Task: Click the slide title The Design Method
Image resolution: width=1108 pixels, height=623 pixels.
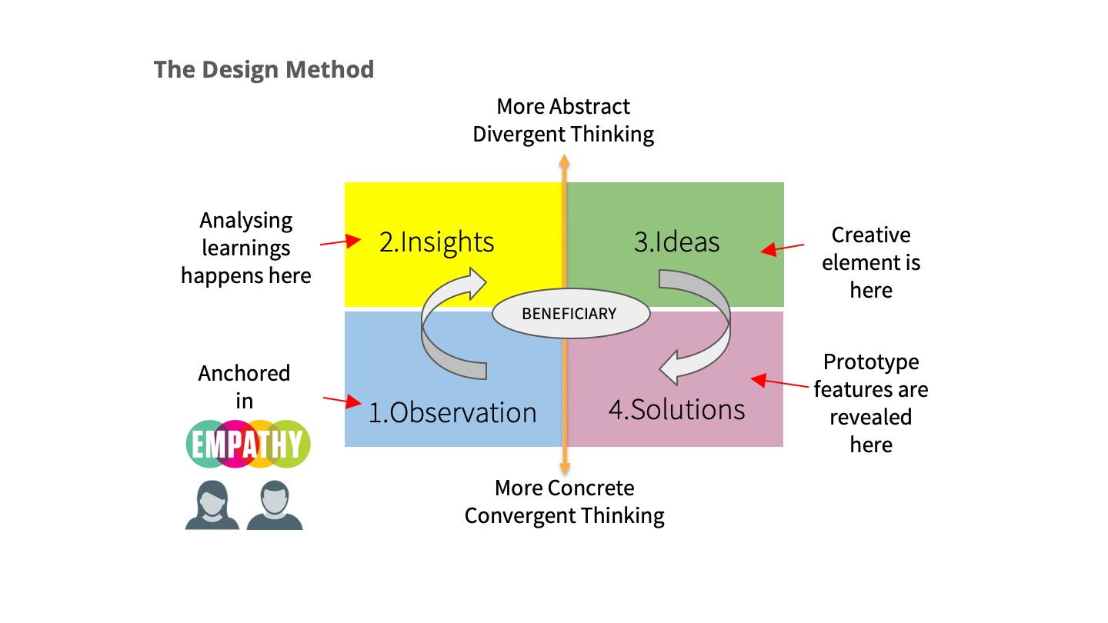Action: click(264, 70)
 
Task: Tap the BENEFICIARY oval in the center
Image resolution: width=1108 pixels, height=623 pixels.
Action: click(571, 314)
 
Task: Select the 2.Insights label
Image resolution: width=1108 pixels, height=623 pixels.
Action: click(436, 242)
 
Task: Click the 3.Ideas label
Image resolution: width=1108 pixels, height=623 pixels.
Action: click(676, 242)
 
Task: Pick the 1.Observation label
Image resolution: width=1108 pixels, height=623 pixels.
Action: click(452, 412)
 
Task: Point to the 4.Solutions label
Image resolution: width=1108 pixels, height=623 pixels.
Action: click(676, 409)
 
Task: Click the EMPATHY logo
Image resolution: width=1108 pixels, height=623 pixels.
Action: click(248, 444)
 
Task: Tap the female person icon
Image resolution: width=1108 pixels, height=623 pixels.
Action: click(212, 505)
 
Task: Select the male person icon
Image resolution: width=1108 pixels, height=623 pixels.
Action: click(275, 505)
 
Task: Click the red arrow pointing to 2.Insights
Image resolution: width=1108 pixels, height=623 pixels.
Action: click(341, 242)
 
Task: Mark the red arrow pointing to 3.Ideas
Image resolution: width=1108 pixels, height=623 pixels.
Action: click(782, 248)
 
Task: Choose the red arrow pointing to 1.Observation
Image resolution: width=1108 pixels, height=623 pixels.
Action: click(342, 401)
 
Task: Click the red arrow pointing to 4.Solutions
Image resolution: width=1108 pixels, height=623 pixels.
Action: click(779, 381)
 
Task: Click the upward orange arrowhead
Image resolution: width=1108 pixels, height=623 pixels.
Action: click(565, 160)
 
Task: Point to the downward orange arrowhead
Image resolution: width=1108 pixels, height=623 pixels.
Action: click(565, 468)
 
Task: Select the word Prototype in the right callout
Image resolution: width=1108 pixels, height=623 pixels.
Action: click(871, 363)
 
